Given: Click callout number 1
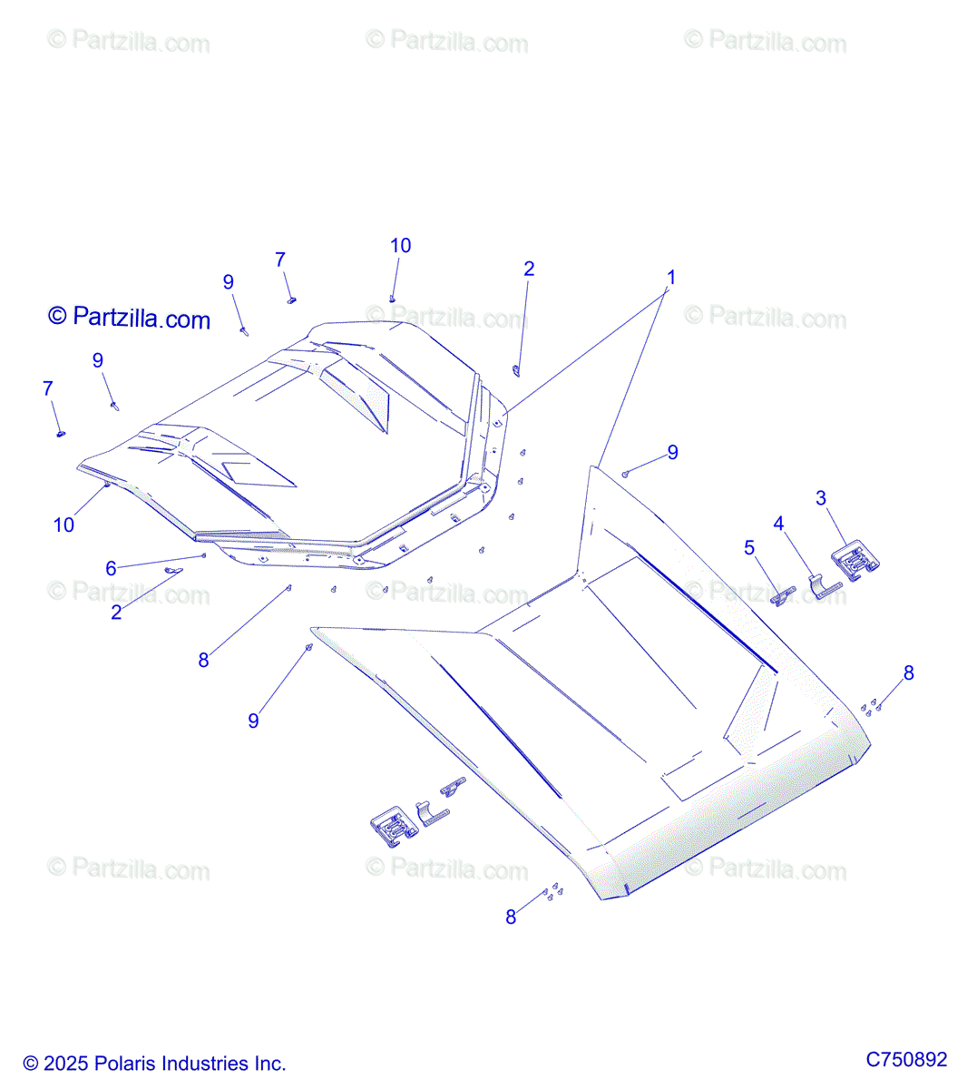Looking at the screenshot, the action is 671,277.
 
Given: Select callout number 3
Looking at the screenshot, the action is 821,498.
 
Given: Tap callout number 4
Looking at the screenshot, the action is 778,524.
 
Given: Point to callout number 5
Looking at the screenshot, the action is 749,548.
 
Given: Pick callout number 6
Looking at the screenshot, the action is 111,568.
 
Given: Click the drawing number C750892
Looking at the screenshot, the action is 906,1059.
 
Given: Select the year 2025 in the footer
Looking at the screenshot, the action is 64,1064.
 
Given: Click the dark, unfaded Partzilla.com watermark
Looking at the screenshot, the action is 129,318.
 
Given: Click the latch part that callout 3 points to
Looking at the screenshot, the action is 855,563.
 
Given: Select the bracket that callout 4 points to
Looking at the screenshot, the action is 824,588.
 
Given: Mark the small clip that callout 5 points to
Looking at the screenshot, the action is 783,595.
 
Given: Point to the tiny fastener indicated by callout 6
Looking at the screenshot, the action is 204,555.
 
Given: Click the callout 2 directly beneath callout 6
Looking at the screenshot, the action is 116,613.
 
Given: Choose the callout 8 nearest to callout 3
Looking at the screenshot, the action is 908,673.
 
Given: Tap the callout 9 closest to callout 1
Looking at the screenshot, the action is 672,453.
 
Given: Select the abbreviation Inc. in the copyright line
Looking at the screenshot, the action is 270,1064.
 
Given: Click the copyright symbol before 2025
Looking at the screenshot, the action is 31,1064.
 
